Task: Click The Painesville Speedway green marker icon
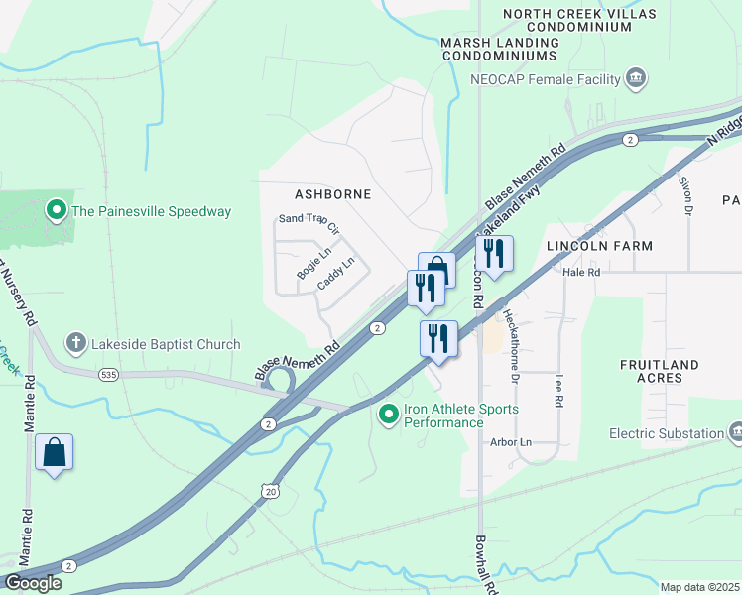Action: click(x=57, y=210)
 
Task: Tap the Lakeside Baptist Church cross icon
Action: click(x=75, y=344)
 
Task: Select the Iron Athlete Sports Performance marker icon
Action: click(x=388, y=415)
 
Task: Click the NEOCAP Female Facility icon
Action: click(x=637, y=78)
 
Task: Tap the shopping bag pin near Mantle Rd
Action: click(x=54, y=453)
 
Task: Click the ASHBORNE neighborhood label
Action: click(x=332, y=193)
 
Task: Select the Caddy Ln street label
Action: click(x=335, y=275)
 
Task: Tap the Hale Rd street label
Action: click(x=581, y=271)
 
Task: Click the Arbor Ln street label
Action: click(x=512, y=441)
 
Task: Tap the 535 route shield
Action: click(x=109, y=375)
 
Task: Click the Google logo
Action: click(x=32, y=582)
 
